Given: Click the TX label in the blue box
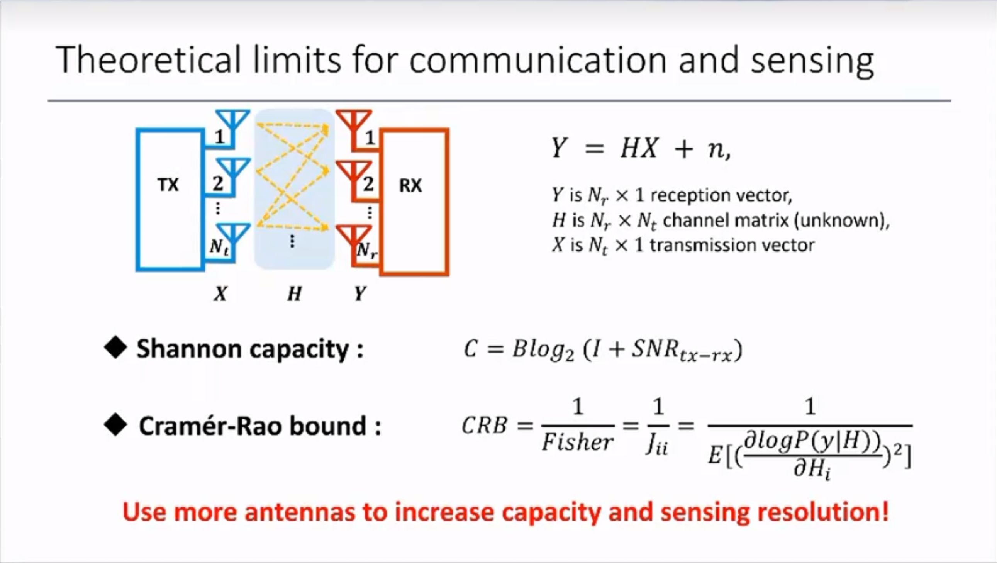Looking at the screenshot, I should coord(168,185).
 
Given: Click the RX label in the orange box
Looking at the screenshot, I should coord(410,185).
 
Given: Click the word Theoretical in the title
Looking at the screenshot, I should coord(149,59).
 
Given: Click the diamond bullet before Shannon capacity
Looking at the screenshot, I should coord(115,347).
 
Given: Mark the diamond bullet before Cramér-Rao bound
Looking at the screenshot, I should coord(115,424).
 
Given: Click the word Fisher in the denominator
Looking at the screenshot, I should coord(577,441).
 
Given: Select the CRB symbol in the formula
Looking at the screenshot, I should coord(484,425).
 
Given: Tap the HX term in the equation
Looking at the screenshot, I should coord(639,148).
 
